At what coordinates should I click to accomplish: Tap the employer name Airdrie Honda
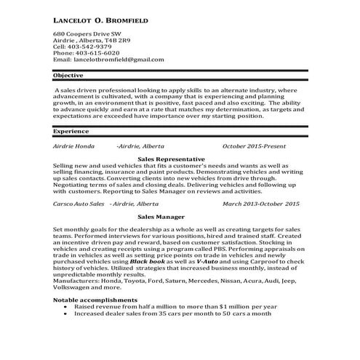point(74,146)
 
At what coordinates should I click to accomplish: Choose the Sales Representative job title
point(171,159)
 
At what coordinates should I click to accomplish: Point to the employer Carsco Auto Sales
point(77,204)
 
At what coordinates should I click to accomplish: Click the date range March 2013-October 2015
point(261,204)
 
